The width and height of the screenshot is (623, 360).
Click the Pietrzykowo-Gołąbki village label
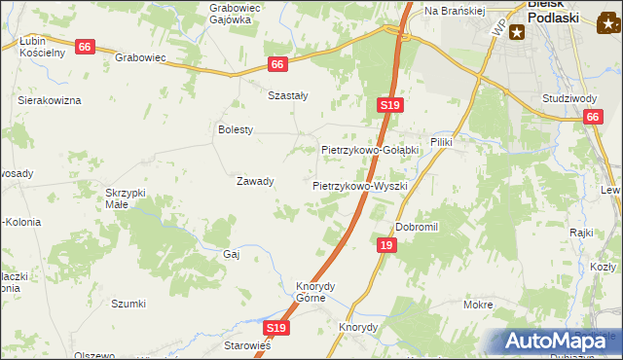[x=370, y=151]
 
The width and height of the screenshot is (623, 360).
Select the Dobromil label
[x=418, y=227]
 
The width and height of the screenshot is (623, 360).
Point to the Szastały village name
[x=288, y=95]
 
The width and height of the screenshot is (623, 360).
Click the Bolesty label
[x=236, y=129]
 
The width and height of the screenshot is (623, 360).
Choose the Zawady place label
[x=255, y=181]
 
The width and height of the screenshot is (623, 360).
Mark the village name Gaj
[x=232, y=253]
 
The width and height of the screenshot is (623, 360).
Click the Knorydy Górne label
[x=315, y=292]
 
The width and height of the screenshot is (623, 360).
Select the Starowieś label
[x=247, y=345]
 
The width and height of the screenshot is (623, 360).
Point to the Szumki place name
[x=128, y=304]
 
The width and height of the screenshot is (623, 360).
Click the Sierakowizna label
[x=49, y=100]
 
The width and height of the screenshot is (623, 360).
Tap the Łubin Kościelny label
[x=42, y=47]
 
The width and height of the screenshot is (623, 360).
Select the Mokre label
[x=478, y=305]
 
